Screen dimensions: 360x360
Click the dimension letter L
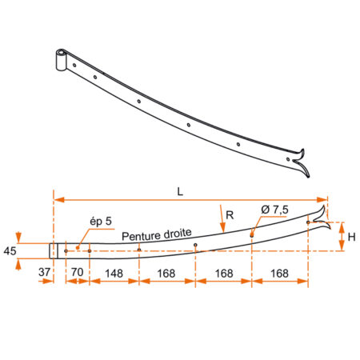[x=180, y=191]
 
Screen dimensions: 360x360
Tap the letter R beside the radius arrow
[x=230, y=215]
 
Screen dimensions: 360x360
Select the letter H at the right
[x=351, y=237]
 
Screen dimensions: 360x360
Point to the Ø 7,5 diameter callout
[x=274, y=210]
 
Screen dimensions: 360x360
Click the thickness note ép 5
[x=101, y=222]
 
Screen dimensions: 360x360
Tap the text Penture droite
[x=157, y=234]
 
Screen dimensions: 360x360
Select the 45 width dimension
[x=10, y=251]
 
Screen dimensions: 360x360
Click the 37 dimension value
[x=44, y=272]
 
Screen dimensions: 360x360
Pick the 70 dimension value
[x=78, y=272]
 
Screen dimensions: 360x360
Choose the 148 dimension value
[x=114, y=274]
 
